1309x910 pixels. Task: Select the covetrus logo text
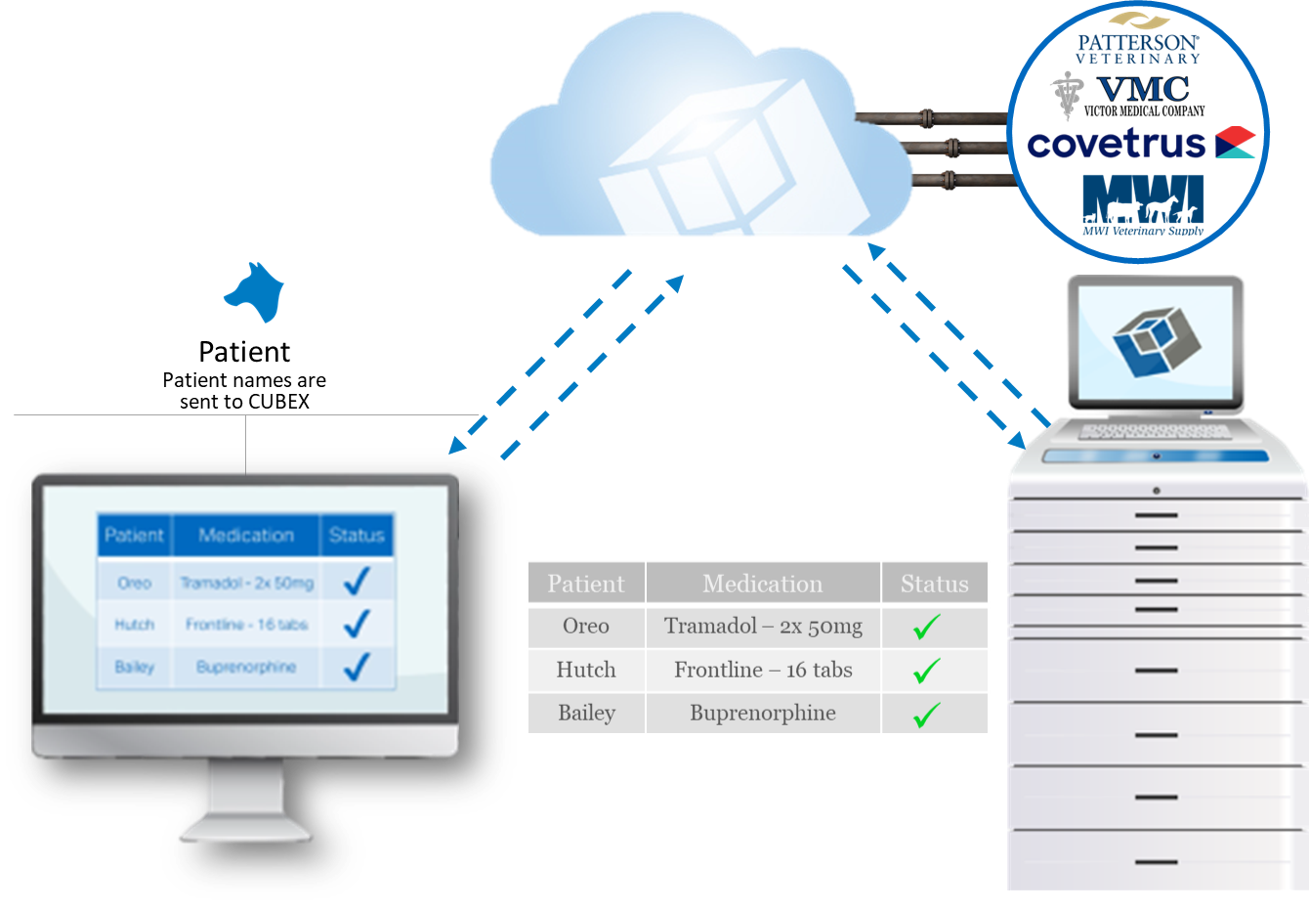coord(1117,144)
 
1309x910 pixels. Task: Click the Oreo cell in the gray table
coord(585,627)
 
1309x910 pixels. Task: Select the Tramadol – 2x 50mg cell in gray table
coord(763,627)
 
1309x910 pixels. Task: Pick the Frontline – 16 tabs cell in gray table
coord(763,671)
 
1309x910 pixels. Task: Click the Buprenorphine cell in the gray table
coord(763,714)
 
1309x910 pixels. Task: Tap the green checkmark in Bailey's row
coord(926,715)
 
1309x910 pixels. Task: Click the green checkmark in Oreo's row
coord(926,627)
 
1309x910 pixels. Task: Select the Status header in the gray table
coord(934,584)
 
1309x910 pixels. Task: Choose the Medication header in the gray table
coord(763,584)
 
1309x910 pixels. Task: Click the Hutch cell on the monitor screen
coord(135,625)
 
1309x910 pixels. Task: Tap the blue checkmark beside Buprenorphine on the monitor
coord(357,667)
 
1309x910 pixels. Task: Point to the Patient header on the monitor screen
coord(135,536)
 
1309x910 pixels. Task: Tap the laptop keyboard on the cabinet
coord(1155,431)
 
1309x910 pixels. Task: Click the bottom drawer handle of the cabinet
coord(1157,862)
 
